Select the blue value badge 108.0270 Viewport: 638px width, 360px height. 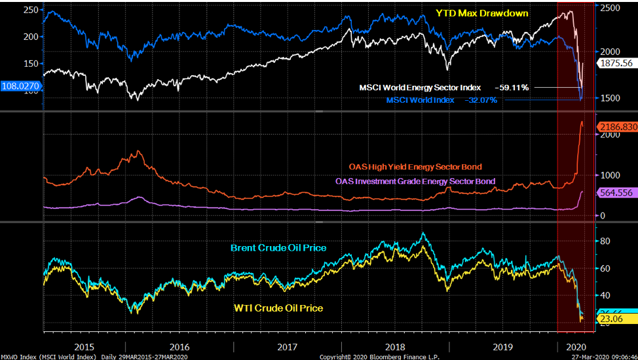(x=20, y=86)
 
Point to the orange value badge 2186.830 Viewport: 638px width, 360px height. (x=616, y=126)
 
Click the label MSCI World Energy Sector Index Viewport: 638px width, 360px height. (x=420, y=88)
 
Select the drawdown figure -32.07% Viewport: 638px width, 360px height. (x=481, y=100)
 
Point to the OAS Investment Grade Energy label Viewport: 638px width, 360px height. (x=415, y=181)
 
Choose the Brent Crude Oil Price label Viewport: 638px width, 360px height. (x=278, y=248)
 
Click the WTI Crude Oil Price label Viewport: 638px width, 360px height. (x=278, y=308)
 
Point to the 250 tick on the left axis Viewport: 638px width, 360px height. (x=29, y=10)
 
